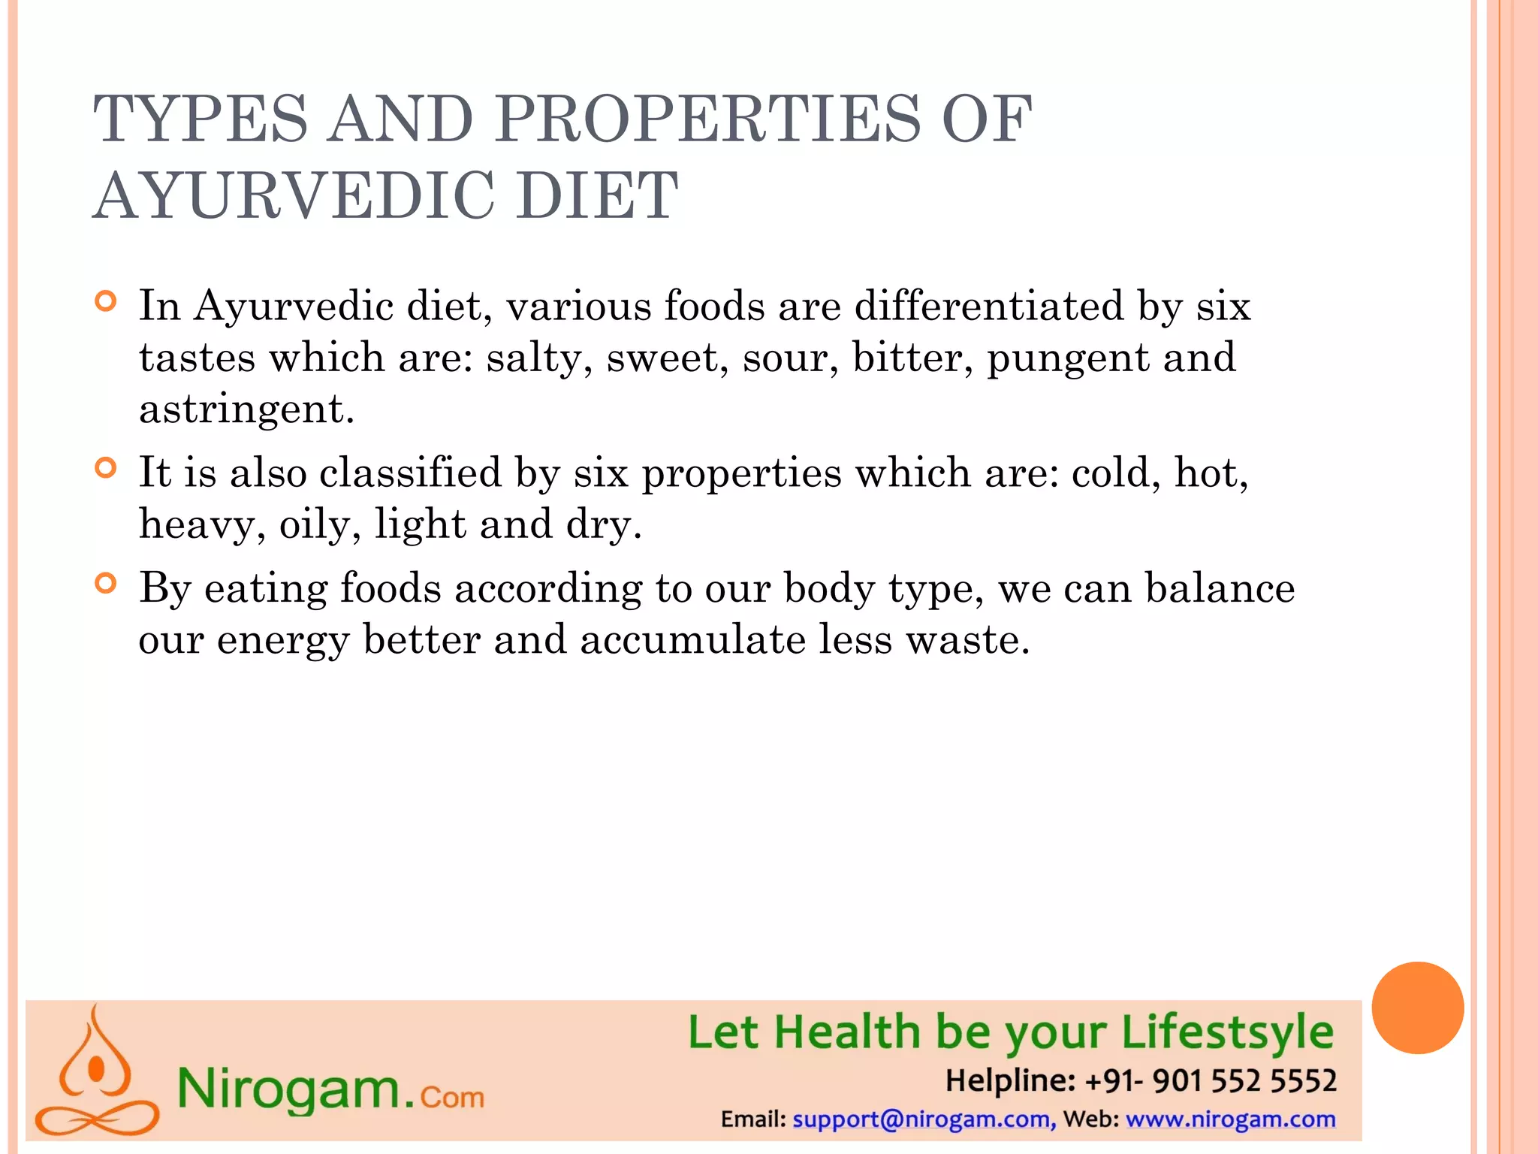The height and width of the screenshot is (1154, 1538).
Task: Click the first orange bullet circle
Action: [x=107, y=302]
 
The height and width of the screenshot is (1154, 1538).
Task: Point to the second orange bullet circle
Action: [x=107, y=469]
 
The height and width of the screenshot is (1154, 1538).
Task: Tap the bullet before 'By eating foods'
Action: [x=107, y=584]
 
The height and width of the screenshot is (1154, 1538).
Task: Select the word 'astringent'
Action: [x=246, y=409]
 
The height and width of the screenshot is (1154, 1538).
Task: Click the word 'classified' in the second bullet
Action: [x=410, y=473]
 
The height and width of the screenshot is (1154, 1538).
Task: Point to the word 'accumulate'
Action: [x=692, y=640]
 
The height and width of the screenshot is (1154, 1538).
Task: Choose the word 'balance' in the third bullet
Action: [x=1220, y=588]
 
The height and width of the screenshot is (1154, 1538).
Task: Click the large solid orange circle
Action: [x=1417, y=1008]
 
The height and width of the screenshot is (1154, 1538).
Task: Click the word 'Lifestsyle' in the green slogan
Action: [x=1227, y=1033]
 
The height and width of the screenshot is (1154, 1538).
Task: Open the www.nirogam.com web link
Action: [x=1230, y=1119]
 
